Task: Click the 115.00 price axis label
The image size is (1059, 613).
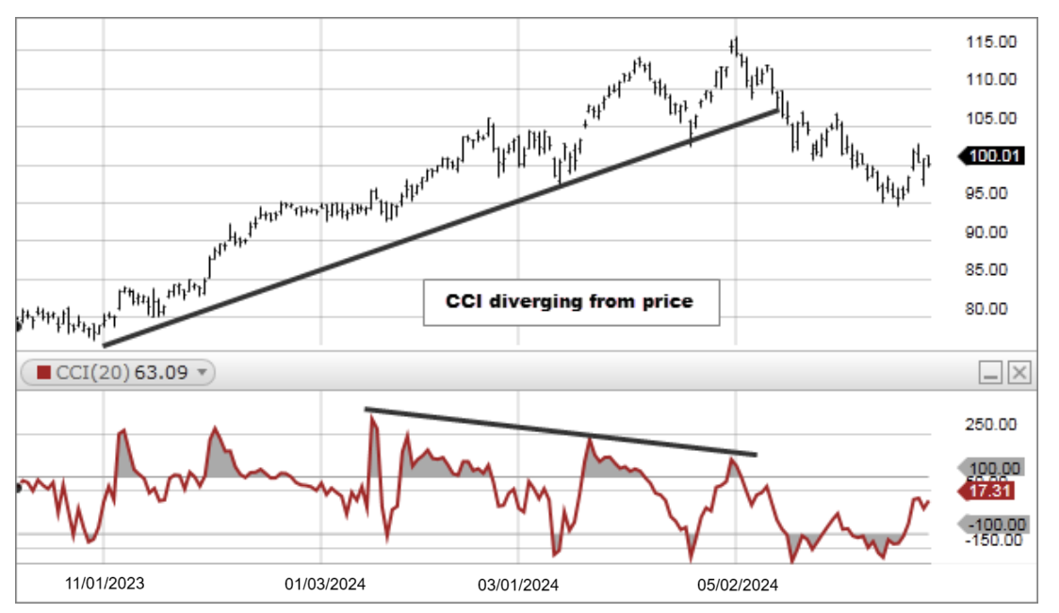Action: (x=990, y=41)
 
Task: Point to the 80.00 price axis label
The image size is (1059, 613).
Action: (x=990, y=309)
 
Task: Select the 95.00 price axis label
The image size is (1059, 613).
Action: (x=990, y=193)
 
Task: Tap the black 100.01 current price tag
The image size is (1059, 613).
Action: (x=991, y=156)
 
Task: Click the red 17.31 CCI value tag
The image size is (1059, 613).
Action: (x=989, y=490)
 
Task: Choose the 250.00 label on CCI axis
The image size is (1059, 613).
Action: (x=990, y=425)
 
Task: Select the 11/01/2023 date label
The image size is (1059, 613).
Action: (x=106, y=584)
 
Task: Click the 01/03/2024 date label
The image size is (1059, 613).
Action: (x=324, y=584)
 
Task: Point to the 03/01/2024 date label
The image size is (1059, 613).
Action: (x=519, y=585)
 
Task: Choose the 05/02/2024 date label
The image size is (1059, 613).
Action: (x=738, y=585)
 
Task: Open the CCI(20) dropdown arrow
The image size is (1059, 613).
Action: (x=201, y=373)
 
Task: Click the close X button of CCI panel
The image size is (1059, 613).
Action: (x=1019, y=374)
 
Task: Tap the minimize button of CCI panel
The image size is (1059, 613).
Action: (x=990, y=374)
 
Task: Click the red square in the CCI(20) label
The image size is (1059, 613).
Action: (x=43, y=373)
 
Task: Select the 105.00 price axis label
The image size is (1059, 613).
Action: (x=990, y=118)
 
